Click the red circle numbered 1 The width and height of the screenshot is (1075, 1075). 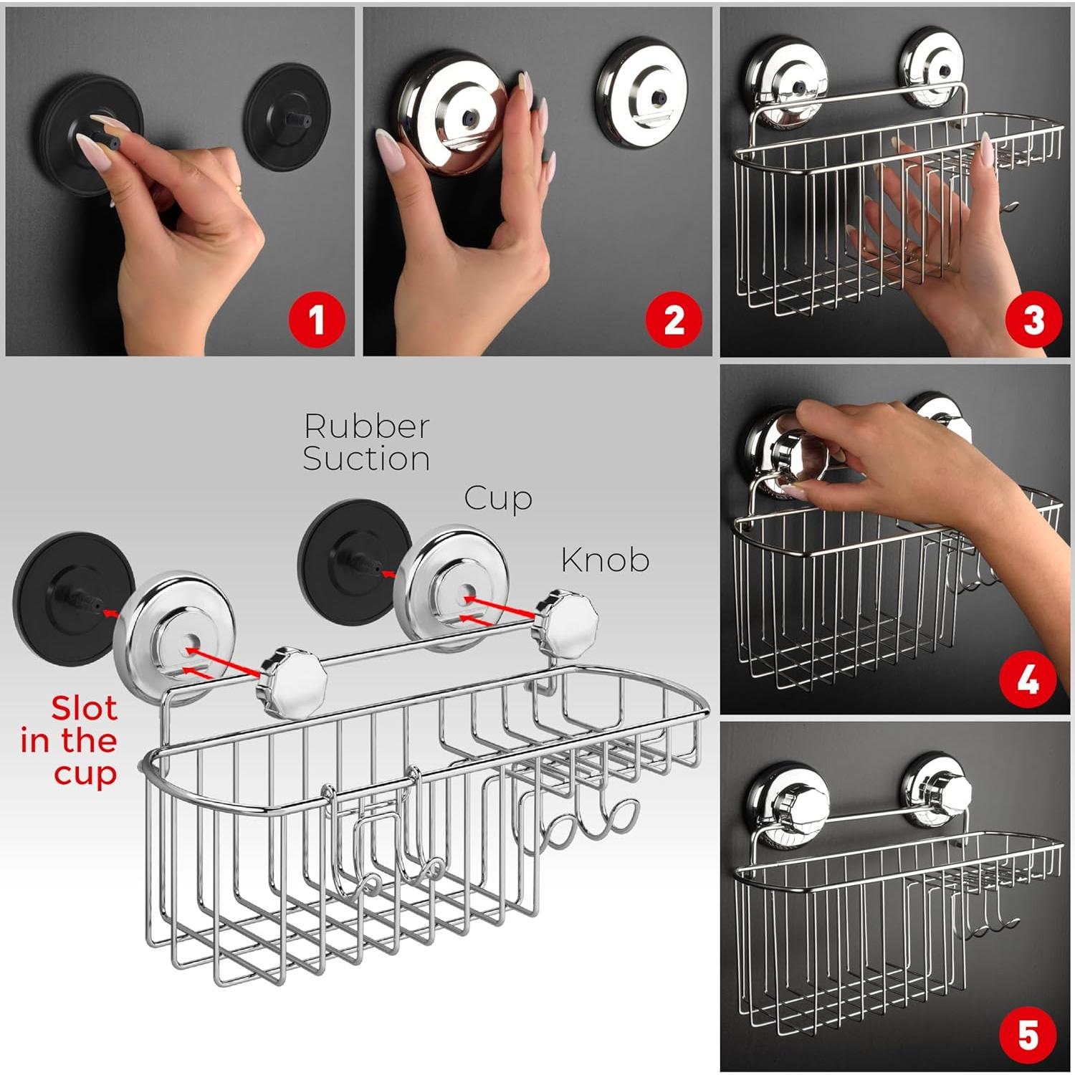[316, 320]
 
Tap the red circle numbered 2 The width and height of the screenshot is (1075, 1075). [674, 320]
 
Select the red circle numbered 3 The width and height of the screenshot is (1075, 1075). [1033, 320]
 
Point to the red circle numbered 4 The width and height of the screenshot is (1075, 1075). [1028, 679]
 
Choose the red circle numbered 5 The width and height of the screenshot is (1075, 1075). [1028, 1034]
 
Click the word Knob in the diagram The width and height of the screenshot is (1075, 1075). [605, 560]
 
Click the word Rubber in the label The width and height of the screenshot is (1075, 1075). [366, 426]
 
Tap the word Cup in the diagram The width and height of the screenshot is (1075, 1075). [497, 498]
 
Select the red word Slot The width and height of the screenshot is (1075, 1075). [84, 709]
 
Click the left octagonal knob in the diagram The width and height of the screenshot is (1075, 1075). [292, 679]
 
